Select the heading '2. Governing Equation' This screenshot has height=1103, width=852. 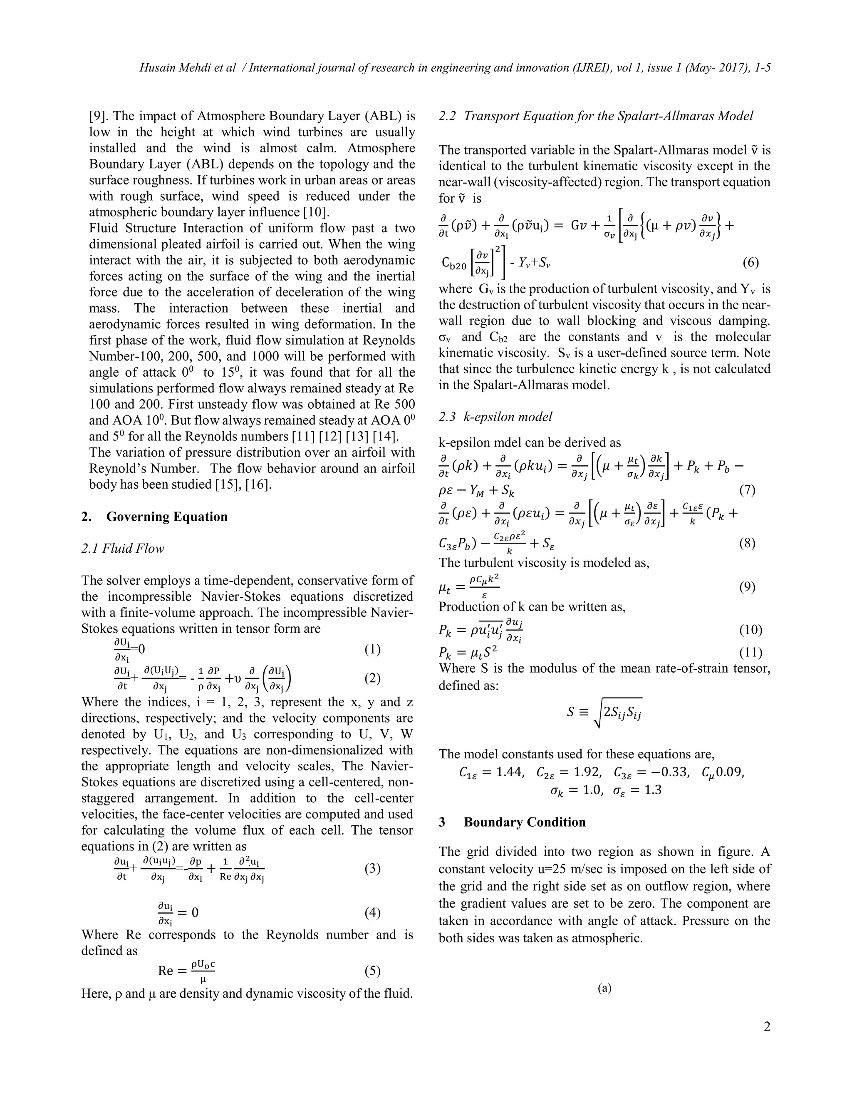[x=154, y=517]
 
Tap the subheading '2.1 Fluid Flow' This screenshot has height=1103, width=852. [x=123, y=549]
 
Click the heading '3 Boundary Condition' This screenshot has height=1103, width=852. [x=512, y=822]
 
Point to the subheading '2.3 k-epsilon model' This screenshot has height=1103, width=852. [x=495, y=417]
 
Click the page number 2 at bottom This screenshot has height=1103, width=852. [x=767, y=1027]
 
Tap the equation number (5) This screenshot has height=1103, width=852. [x=372, y=971]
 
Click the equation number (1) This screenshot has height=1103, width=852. [x=372, y=649]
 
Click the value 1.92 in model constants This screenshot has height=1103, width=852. [x=584, y=772]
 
